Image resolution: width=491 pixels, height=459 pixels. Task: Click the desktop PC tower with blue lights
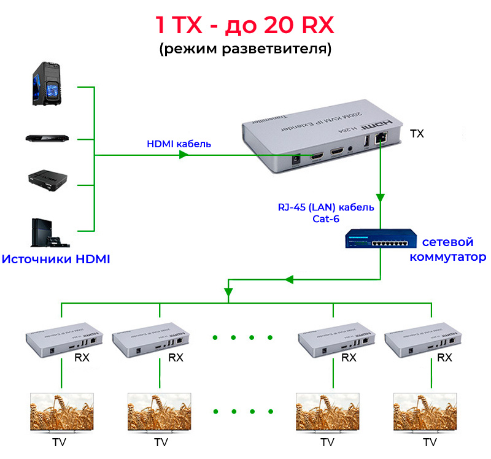pyautogui.click(x=47, y=86)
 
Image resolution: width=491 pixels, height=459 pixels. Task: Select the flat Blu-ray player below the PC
pyautogui.click(x=47, y=137)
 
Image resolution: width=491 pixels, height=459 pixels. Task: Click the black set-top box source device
pyautogui.click(x=47, y=179)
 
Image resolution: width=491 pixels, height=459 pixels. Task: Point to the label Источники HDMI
pyautogui.click(x=56, y=259)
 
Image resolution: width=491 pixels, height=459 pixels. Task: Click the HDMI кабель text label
pyautogui.click(x=179, y=144)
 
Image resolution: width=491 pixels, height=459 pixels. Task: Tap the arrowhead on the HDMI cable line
pyautogui.click(x=183, y=156)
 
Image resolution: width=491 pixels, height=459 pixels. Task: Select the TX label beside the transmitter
pyautogui.click(x=416, y=133)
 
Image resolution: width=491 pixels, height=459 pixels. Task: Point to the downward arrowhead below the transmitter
pyautogui.click(x=381, y=198)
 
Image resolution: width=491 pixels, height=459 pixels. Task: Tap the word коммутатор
pyautogui.click(x=448, y=257)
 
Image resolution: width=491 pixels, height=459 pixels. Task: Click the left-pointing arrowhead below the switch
pyautogui.click(x=290, y=280)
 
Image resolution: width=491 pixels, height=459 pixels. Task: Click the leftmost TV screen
pyautogui.click(x=62, y=411)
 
